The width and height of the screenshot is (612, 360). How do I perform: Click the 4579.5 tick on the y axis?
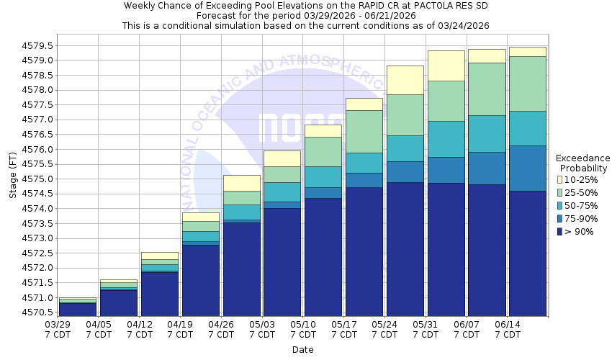(x=36, y=45)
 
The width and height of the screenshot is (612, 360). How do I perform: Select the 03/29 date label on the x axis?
(x=58, y=325)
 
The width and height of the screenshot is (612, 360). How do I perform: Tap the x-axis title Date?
(x=303, y=349)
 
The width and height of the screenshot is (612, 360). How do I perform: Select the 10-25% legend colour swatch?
(x=560, y=179)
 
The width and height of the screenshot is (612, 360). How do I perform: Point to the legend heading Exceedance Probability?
(x=583, y=163)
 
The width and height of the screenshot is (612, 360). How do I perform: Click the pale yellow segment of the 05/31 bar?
(x=446, y=66)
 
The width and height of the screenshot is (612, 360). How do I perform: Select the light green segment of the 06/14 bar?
(x=528, y=84)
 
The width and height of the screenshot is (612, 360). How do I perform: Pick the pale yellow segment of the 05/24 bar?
(x=405, y=80)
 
